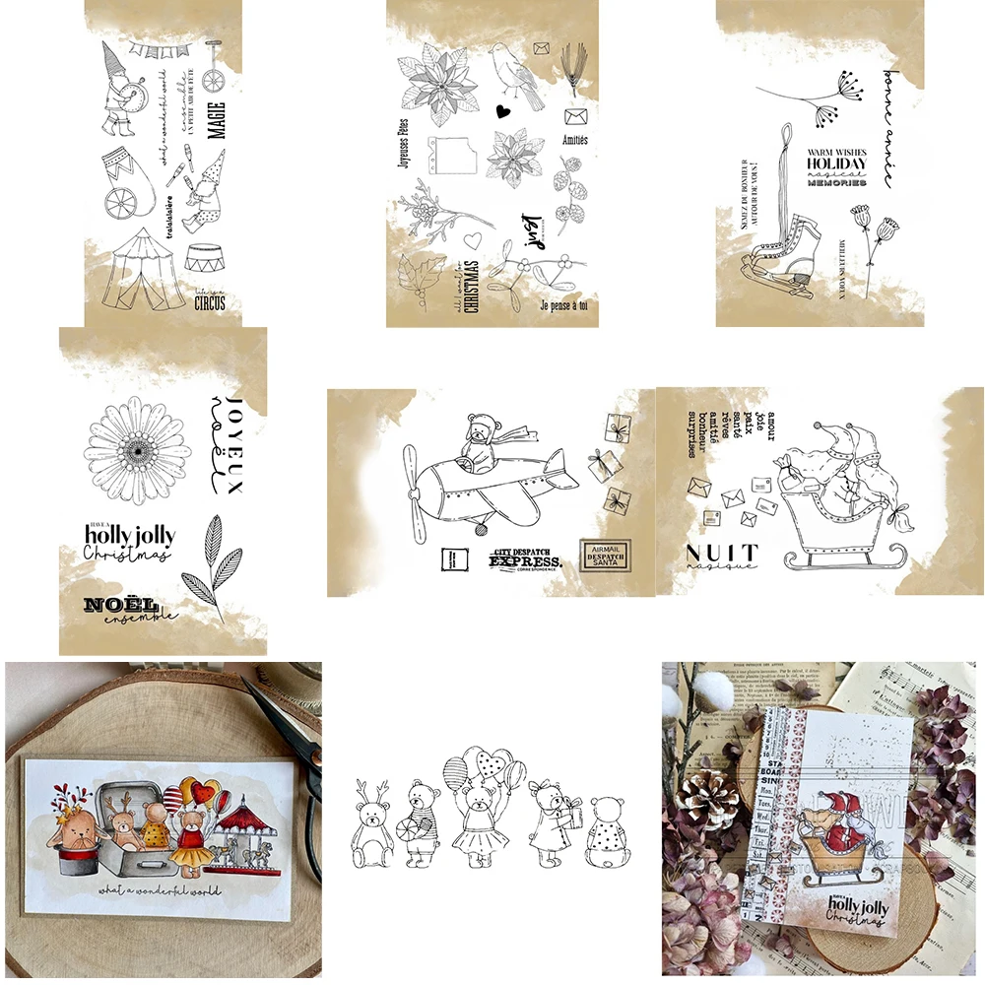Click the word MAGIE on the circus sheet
tap(217, 120)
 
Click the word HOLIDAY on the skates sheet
tap(836, 164)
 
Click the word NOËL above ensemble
tap(121, 603)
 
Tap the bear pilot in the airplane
tap(480, 440)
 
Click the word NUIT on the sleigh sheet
tap(721, 553)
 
